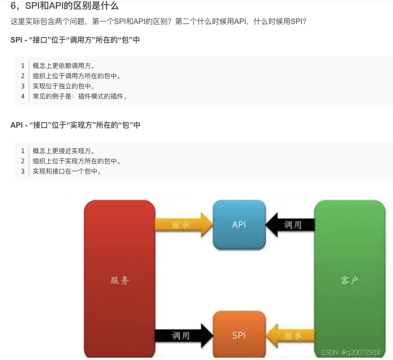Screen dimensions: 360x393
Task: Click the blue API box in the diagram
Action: (x=239, y=225)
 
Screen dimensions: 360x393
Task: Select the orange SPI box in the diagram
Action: (x=239, y=335)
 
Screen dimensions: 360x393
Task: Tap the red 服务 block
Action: (x=119, y=280)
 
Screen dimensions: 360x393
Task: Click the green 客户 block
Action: (x=349, y=280)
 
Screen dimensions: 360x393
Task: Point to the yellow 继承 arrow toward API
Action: (x=183, y=225)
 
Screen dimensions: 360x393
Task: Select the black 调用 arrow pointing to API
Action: (x=291, y=225)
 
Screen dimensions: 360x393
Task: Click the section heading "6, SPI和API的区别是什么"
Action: (x=64, y=6)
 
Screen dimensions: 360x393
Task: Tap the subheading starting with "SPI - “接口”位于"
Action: (x=75, y=40)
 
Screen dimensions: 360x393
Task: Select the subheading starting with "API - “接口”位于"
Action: (x=75, y=125)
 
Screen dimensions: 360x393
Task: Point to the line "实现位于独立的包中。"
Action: (x=64, y=86)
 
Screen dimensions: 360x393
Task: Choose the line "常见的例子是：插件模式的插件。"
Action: (x=80, y=96)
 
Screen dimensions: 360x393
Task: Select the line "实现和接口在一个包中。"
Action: (x=67, y=171)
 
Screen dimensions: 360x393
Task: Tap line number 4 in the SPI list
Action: (x=23, y=96)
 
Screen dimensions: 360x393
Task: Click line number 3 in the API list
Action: (x=23, y=171)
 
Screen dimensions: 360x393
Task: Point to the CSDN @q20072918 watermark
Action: (x=351, y=353)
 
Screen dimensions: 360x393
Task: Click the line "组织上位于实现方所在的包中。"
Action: (x=77, y=161)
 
